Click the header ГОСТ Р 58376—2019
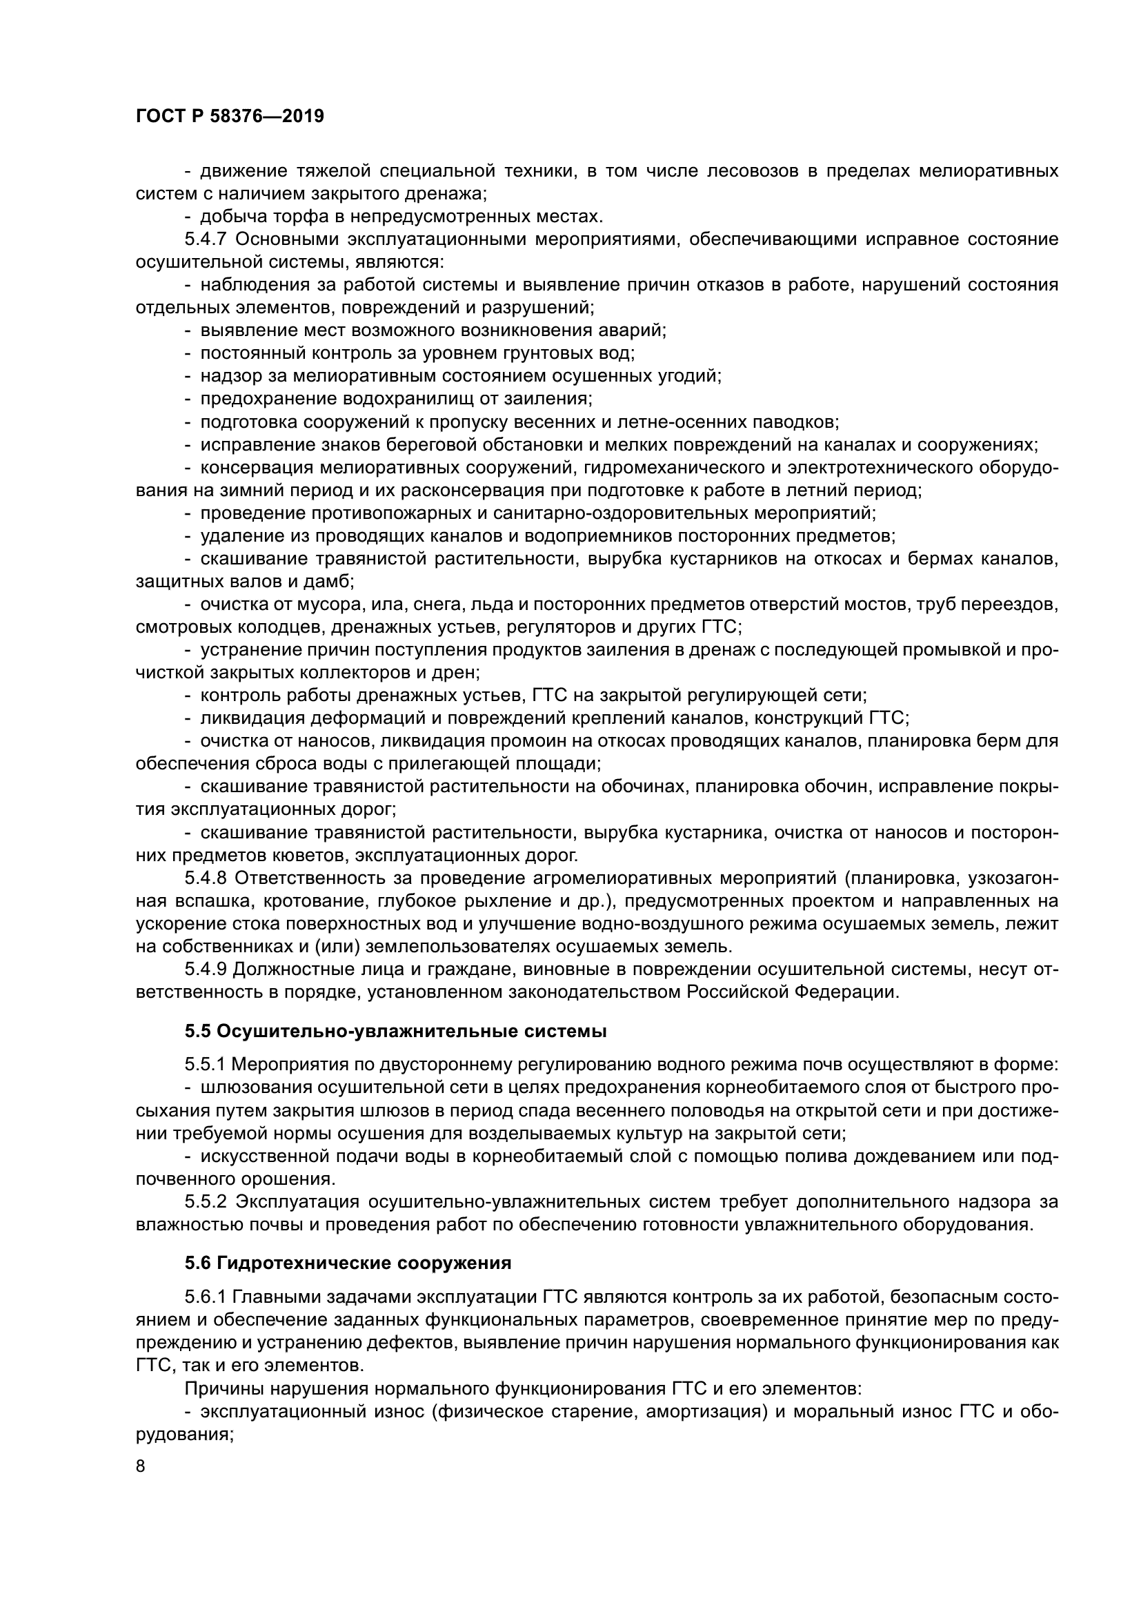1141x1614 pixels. pos(230,117)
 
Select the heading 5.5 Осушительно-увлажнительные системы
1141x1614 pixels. pos(395,1031)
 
